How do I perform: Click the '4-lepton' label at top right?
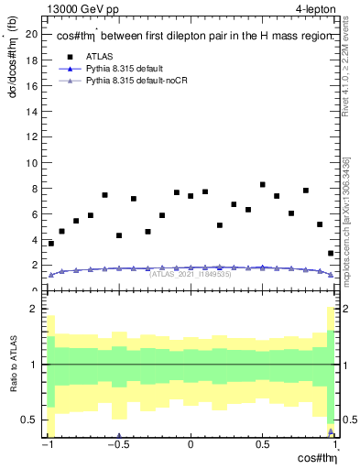point(311,9)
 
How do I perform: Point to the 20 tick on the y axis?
point(35,35)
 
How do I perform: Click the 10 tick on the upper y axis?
point(35,163)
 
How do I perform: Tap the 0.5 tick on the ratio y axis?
point(35,420)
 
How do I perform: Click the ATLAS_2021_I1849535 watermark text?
point(191,274)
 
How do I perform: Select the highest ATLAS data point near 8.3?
point(263,185)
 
